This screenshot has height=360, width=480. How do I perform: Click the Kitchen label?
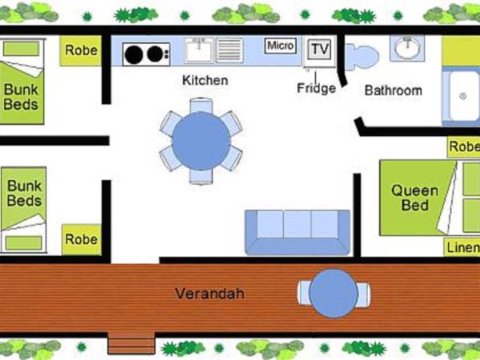tap(205, 80)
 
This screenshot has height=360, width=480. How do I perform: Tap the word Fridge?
tap(316, 88)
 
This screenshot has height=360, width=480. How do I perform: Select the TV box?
tap(320, 49)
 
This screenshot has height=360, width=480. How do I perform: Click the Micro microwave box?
tap(280, 46)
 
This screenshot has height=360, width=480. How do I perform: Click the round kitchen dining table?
tap(201, 141)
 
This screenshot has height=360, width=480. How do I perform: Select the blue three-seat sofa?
tap(297, 231)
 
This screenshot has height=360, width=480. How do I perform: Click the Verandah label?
tap(210, 294)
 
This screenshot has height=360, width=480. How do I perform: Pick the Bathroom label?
tap(393, 90)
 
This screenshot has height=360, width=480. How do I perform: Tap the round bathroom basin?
tap(407, 49)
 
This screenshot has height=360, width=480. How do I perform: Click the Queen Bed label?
tap(414, 198)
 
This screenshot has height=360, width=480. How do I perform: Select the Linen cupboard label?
tap(462, 246)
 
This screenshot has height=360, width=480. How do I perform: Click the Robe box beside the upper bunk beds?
tap(81, 50)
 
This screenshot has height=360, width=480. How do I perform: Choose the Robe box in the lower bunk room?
tap(81, 238)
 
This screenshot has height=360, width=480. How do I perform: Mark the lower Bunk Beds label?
tap(24, 193)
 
